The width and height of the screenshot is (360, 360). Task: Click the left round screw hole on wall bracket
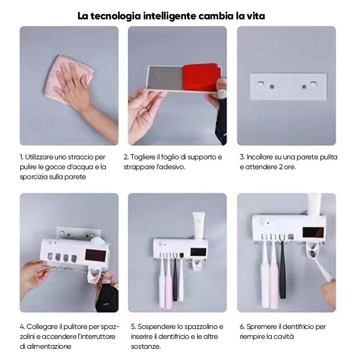click(x=272, y=85)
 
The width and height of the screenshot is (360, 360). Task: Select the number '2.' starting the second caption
click(x=127, y=157)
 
